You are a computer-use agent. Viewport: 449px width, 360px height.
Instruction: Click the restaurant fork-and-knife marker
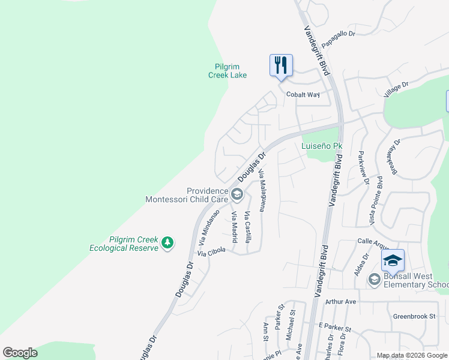pyautogui.click(x=281, y=65)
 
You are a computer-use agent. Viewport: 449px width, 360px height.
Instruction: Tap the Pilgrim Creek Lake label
pyautogui.click(x=231, y=71)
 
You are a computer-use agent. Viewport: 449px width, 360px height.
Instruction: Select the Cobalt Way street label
pyautogui.click(x=303, y=95)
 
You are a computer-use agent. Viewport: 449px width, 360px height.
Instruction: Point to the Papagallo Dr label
pyautogui.click(x=339, y=38)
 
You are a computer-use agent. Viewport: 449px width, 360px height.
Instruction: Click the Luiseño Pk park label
pyautogui.click(x=321, y=146)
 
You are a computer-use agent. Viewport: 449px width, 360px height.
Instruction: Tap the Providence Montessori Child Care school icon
pyautogui.click(x=237, y=193)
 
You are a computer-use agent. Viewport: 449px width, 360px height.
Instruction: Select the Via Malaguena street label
pyautogui.click(x=262, y=191)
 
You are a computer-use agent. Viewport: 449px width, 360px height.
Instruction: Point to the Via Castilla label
pyautogui.click(x=248, y=227)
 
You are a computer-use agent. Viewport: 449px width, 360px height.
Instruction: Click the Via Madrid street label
pyautogui.click(x=235, y=227)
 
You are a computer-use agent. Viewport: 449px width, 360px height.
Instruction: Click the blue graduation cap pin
pyautogui.click(x=393, y=260)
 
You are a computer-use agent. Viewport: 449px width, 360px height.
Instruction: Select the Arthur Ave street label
pyautogui.click(x=341, y=301)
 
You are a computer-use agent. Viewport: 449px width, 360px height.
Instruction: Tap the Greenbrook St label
pyautogui.click(x=414, y=316)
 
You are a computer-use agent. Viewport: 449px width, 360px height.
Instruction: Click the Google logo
pyautogui.click(x=20, y=353)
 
